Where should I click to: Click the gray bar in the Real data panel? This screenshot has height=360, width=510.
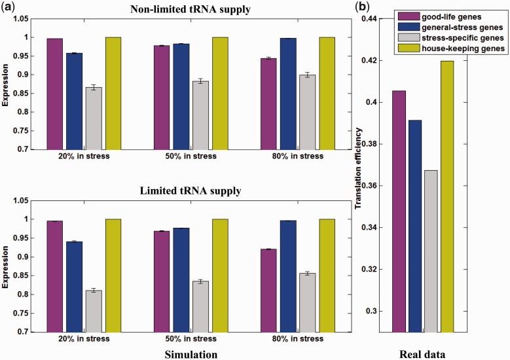(431, 251)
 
